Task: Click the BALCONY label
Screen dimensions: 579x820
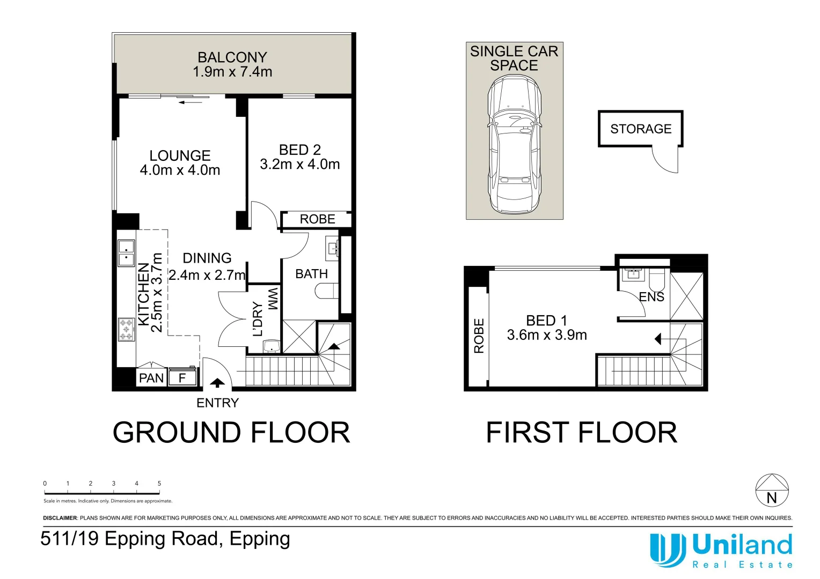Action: tap(232, 57)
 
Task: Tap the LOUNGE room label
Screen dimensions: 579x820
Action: tap(180, 155)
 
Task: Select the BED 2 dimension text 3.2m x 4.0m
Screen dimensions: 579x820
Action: tap(299, 165)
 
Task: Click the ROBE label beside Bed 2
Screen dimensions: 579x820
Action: tap(317, 219)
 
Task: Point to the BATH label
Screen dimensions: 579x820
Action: tap(311, 274)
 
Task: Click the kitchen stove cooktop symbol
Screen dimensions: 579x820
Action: tap(126, 329)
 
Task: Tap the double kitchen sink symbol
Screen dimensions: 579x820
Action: tap(126, 253)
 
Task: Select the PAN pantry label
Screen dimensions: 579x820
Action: tap(151, 378)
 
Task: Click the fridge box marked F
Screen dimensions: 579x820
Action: tap(182, 378)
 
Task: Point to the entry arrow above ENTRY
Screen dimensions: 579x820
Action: tap(217, 383)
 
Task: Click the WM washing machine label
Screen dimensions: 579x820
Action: tap(273, 299)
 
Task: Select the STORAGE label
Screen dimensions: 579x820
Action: tap(641, 129)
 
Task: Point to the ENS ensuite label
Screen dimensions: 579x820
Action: tap(651, 297)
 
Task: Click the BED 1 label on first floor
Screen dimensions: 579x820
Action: tap(546, 321)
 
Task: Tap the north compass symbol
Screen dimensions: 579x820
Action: tap(772, 491)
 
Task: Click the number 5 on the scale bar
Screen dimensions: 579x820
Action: tap(159, 484)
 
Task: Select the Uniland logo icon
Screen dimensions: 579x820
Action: tap(667, 550)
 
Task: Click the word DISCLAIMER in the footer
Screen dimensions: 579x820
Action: tap(60, 518)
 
